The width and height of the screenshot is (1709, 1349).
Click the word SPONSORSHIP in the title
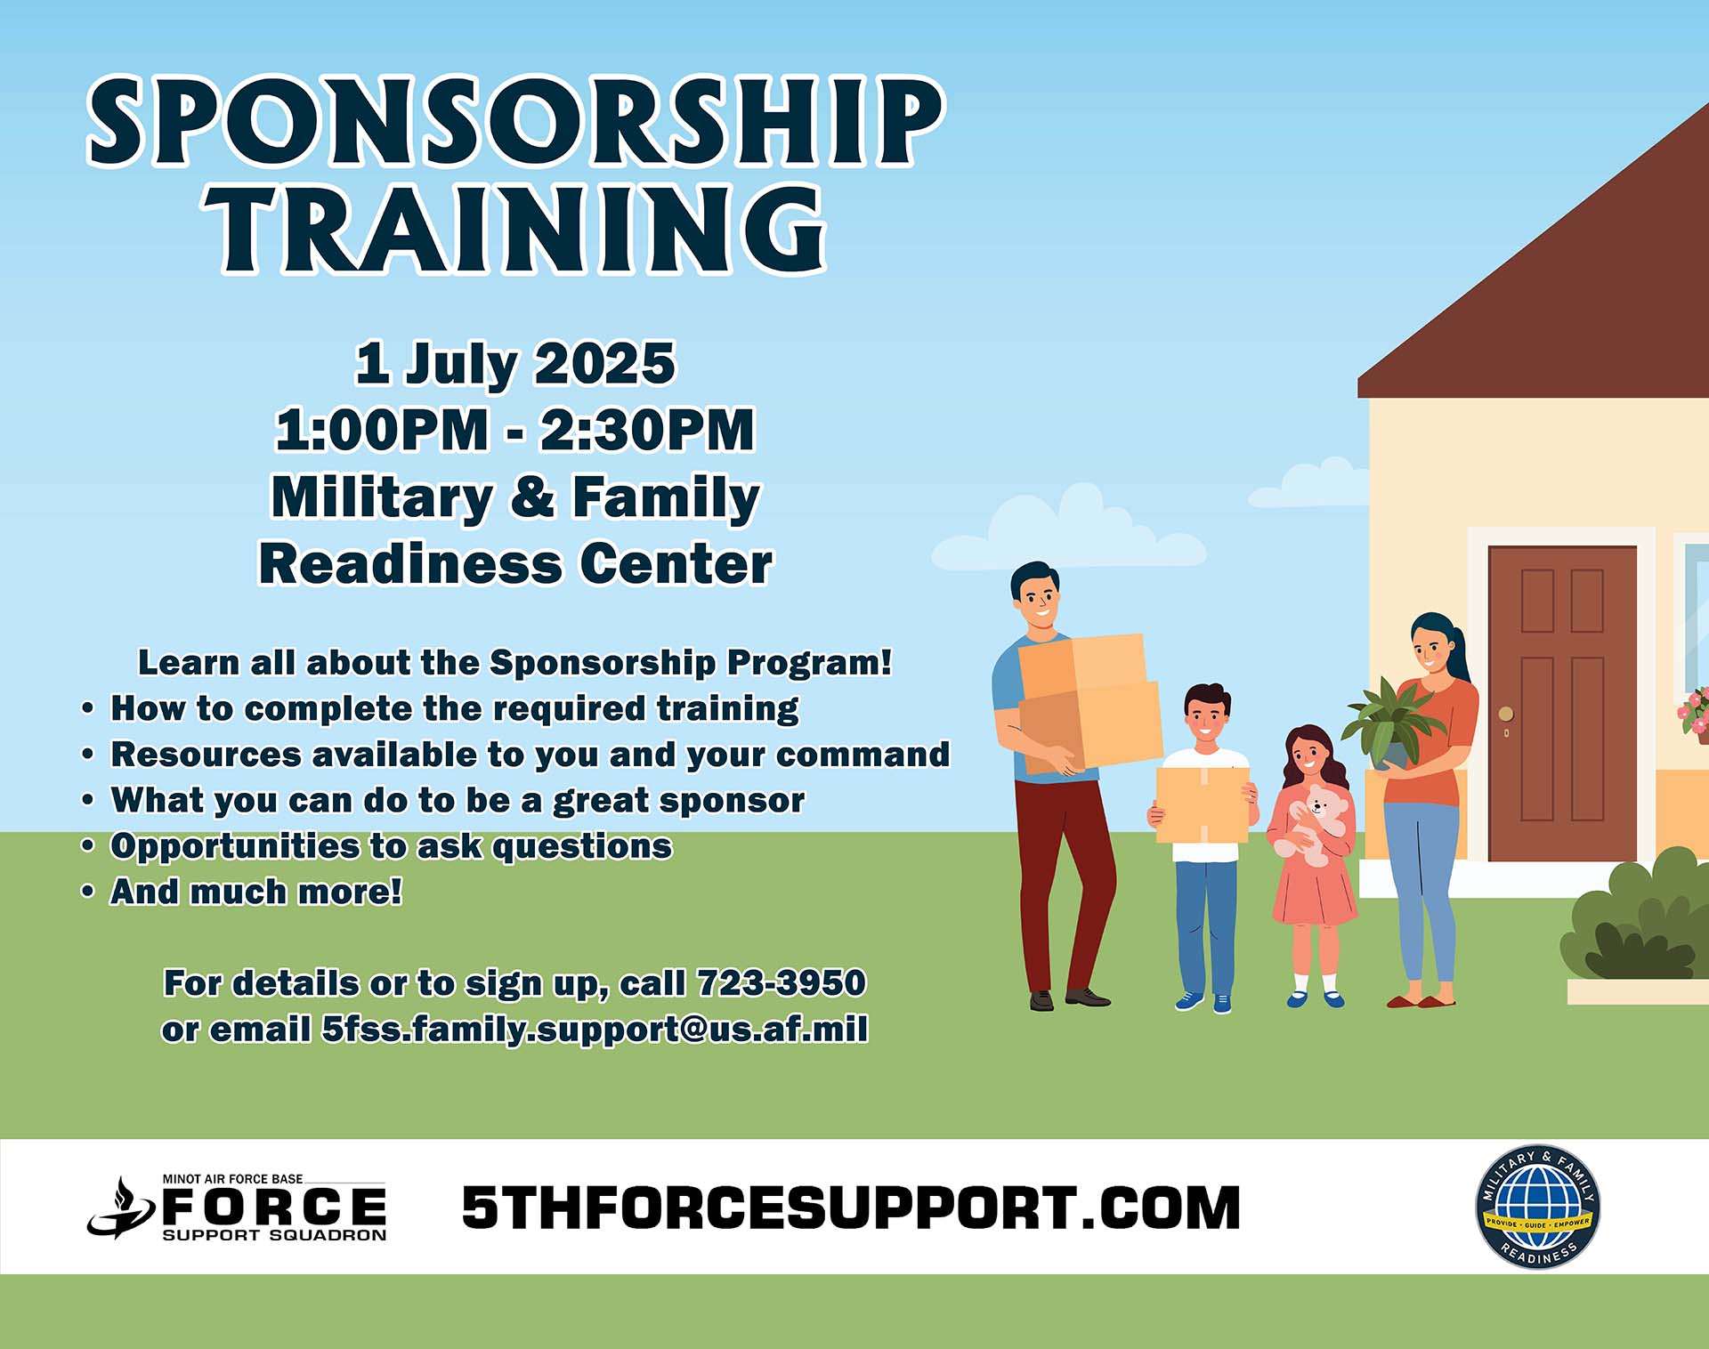click(515, 121)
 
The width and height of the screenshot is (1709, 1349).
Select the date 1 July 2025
click(515, 364)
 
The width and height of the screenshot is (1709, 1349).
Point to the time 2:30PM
click(647, 430)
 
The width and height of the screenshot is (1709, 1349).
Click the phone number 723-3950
click(782, 983)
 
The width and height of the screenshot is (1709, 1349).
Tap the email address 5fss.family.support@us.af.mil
click(595, 1030)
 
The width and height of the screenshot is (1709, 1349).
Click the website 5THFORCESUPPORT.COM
click(851, 1208)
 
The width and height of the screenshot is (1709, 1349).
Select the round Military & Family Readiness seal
click(1538, 1207)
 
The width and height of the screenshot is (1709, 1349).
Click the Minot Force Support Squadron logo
click(237, 1208)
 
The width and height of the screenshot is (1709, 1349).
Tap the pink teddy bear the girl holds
click(1311, 824)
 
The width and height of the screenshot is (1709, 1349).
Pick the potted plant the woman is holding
click(1389, 723)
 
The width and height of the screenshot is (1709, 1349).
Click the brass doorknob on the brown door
click(1506, 714)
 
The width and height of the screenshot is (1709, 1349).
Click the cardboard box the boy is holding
click(1202, 805)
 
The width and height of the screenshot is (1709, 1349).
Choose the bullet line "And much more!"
click(256, 892)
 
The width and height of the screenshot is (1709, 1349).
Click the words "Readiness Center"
click(516, 564)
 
